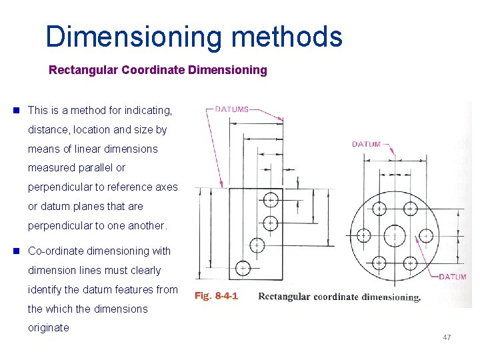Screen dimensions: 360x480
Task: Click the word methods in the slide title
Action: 287,37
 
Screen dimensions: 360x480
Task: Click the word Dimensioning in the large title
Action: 133,37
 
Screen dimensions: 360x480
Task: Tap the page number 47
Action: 447,337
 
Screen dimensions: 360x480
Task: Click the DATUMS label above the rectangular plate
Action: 232,109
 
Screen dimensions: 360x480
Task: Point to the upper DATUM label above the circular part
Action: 366,144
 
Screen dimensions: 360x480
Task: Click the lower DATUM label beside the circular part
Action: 451,277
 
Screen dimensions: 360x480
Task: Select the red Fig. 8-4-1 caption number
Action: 216,296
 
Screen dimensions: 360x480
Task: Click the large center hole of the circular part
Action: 395,235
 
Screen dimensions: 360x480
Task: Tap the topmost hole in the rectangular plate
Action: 271,199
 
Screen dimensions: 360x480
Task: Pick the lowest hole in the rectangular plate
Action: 243,268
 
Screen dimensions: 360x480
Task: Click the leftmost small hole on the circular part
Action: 363,235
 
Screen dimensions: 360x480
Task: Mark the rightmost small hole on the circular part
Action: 426,235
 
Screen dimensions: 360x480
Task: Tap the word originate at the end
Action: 48,328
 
